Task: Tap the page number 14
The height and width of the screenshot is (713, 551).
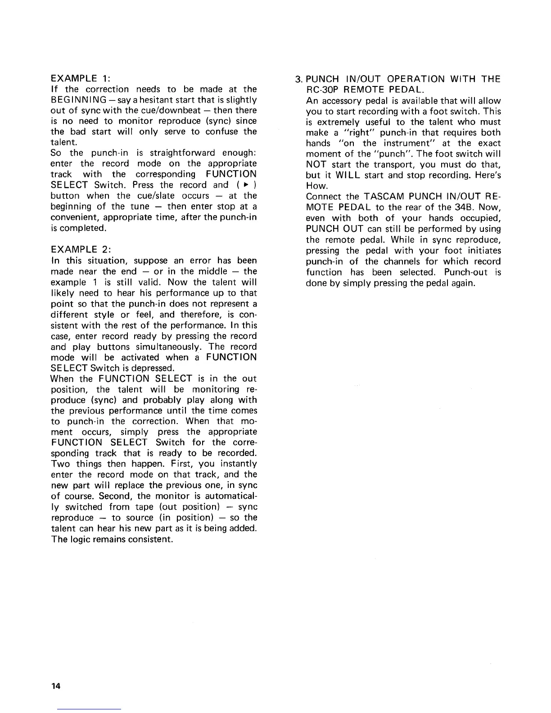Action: [x=55, y=686]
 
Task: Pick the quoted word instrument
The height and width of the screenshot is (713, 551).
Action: [x=411, y=143]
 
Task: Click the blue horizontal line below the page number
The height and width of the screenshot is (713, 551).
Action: [x=90, y=709]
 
